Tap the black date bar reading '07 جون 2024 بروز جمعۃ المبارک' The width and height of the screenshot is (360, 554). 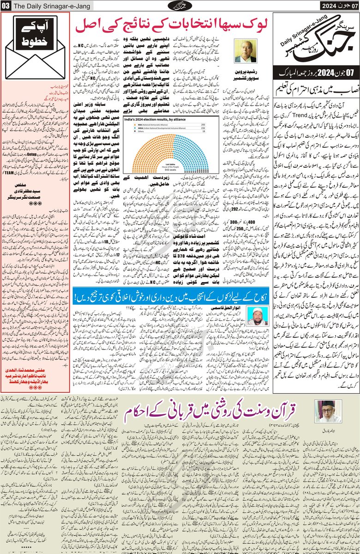pyautogui.click(x=315, y=72)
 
